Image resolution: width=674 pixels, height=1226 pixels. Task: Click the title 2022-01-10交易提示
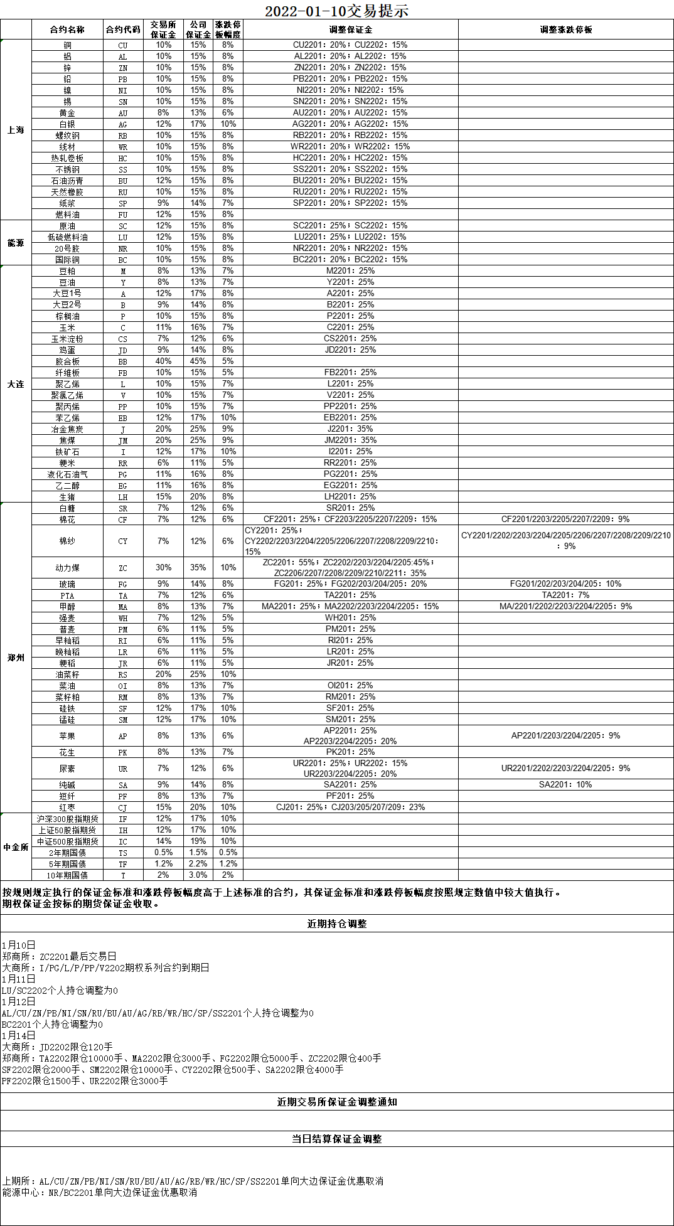336,11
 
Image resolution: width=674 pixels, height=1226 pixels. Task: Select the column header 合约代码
123,29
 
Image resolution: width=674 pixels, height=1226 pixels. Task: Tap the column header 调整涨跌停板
565,29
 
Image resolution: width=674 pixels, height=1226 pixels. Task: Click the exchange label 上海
16,130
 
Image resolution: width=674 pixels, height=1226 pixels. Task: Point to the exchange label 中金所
16,847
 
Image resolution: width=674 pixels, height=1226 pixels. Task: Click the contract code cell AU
123,113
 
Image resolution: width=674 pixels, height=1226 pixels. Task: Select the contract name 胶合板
67,361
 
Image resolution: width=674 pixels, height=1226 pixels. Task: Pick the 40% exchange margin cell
163,361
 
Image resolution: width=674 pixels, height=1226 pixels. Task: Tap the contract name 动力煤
67,568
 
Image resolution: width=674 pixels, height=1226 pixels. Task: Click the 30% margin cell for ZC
163,568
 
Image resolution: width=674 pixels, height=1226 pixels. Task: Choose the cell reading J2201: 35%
350,429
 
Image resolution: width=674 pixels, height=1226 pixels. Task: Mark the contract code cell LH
123,497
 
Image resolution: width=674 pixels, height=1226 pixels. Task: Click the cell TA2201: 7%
565,595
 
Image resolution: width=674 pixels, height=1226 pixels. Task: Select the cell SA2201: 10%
565,785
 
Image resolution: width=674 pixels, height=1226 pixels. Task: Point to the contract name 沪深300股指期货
67,819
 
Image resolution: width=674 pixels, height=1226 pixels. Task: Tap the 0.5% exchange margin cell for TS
163,853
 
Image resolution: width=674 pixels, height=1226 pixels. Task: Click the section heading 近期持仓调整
336,924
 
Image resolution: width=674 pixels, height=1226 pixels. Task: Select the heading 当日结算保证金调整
336,1139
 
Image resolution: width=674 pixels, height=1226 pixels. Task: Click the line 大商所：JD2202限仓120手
58,1047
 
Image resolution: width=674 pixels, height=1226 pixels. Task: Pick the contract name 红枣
67,808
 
